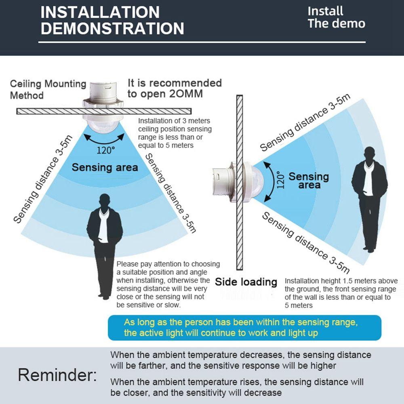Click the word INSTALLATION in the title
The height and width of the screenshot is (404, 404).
100,12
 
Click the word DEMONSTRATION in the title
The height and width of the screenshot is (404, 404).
112,28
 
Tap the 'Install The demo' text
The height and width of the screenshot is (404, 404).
336,17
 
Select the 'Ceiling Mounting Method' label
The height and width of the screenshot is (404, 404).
48,89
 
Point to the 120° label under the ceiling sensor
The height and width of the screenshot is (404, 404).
105,150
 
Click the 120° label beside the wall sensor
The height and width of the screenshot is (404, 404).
280,180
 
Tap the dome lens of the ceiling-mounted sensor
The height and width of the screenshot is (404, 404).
103,126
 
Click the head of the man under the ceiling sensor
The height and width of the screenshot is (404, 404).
105,201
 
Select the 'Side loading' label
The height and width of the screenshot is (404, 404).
246,282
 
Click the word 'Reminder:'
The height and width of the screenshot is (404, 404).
57,375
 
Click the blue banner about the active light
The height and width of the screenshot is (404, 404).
244,328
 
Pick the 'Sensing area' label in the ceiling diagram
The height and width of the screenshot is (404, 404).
105,167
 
